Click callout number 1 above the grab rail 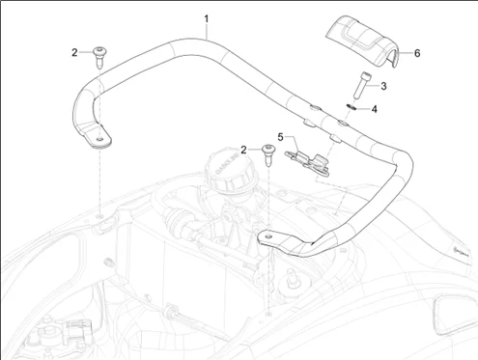coord(207,19)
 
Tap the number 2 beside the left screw coord(74,52)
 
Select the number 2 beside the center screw coord(243,150)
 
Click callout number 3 coord(383,86)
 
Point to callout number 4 coord(374,109)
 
